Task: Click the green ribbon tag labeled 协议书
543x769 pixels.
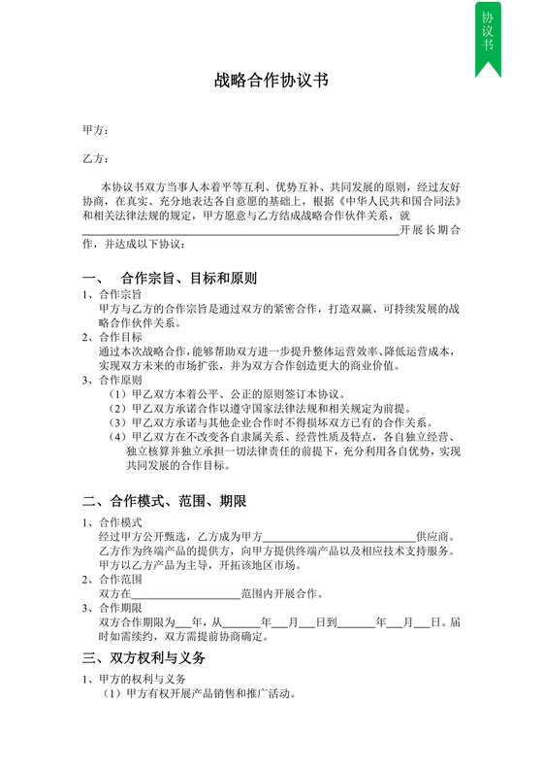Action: (488, 35)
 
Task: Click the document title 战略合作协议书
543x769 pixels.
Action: (271, 82)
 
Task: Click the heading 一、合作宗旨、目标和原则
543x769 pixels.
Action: (170, 278)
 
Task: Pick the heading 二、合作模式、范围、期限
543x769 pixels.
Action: (165, 501)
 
